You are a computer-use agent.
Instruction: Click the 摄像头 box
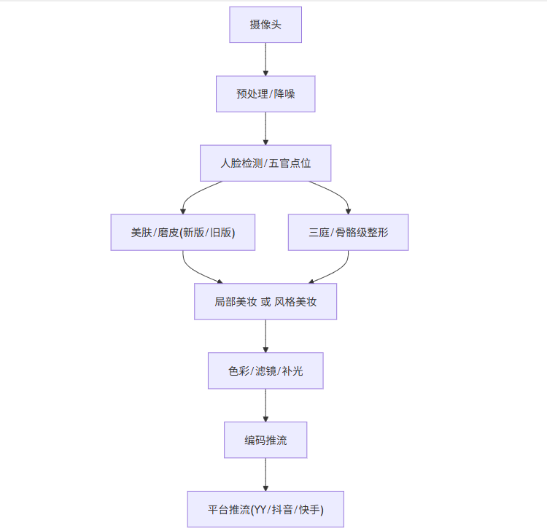pos(265,25)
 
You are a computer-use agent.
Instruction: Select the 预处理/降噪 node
pos(265,94)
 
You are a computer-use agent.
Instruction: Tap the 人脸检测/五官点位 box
pos(265,163)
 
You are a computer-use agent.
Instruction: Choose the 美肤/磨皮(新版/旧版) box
pos(183,233)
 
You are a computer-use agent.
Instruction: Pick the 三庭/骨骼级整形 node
pos(348,233)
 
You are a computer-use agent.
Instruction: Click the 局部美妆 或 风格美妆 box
pos(265,301)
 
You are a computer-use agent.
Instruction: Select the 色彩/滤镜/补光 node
pos(265,371)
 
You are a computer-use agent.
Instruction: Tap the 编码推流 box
pos(265,440)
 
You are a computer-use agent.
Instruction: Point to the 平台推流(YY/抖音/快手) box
pos(265,509)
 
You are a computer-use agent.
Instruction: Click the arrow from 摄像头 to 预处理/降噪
pos(265,59)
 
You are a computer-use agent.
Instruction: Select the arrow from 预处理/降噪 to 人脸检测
pos(265,128)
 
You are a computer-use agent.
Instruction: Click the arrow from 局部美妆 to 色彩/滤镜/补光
pos(265,336)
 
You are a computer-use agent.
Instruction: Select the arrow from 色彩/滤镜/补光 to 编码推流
pos(265,405)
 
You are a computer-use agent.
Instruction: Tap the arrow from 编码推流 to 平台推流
pos(265,474)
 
